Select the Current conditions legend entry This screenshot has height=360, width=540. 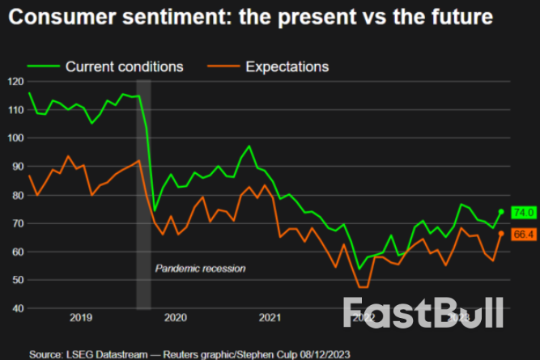point(105,66)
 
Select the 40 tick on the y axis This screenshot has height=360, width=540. point(15,308)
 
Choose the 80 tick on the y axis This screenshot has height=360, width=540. point(15,195)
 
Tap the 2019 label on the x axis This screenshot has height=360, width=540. point(80,319)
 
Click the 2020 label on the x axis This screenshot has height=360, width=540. point(176,319)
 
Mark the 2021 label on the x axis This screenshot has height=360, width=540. point(271,319)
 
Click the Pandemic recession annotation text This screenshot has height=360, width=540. point(199,268)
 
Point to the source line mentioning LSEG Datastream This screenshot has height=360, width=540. point(190,354)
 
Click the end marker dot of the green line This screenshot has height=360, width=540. point(501,212)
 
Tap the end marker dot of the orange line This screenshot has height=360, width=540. point(501,233)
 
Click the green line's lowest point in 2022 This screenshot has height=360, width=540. point(359,269)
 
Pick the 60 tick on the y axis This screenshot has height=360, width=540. point(15,252)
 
